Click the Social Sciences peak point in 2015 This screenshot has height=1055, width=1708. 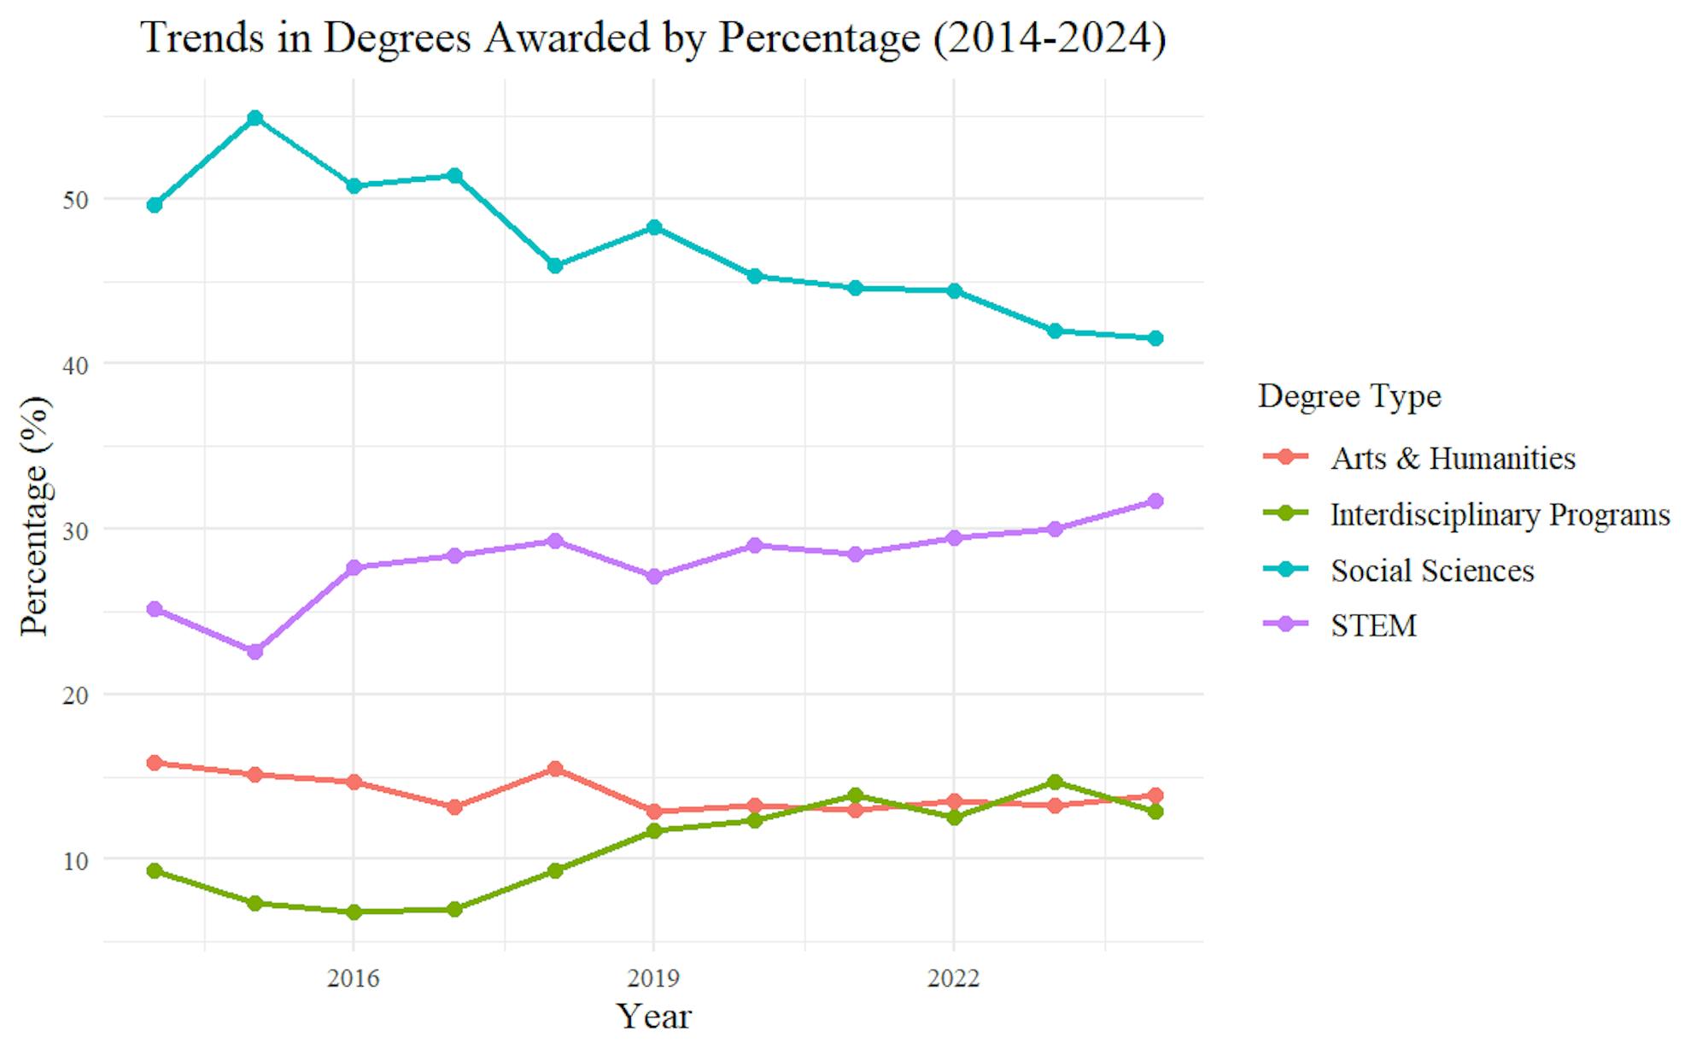pos(254,118)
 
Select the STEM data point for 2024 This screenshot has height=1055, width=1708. pos(1155,501)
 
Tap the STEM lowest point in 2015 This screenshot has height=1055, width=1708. pos(254,652)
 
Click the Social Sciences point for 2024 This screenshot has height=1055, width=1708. pos(1155,338)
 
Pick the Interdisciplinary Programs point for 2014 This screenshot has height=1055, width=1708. pos(155,870)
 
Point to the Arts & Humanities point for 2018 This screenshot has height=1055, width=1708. pos(555,769)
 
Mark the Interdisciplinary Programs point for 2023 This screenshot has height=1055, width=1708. pos(1055,782)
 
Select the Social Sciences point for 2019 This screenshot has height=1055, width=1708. pos(654,227)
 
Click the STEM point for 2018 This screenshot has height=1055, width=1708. pos(555,541)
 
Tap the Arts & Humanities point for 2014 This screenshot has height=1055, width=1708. pos(155,763)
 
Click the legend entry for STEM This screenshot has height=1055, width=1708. pos(1372,626)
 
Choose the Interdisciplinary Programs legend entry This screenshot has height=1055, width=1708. pos(1499,515)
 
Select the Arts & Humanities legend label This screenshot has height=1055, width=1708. pos(1452,459)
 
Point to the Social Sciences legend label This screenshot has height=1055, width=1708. pos(1431,571)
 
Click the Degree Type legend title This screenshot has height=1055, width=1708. pos(1349,396)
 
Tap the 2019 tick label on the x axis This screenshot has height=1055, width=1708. pos(653,978)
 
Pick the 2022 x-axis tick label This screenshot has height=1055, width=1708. pos(953,978)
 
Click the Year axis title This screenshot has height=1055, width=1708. pos(653,1017)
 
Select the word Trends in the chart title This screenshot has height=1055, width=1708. pos(202,38)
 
